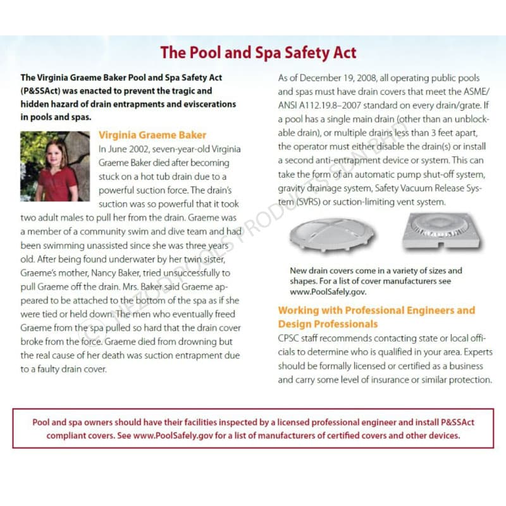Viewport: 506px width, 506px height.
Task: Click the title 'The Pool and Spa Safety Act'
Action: [x=258, y=52]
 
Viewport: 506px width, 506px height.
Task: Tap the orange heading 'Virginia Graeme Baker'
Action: [x=152, y=135]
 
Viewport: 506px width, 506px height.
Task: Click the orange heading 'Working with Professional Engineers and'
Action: [x=376, y=311]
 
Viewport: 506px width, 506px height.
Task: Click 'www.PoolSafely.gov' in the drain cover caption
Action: [x=328, y=292]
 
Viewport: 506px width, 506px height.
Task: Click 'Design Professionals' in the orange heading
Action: [x=328, y=324]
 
